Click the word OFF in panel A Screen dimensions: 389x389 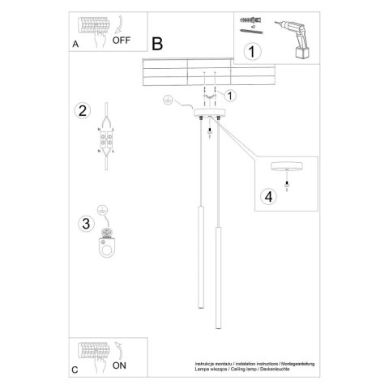pos(122,38)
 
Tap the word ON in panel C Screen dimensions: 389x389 pos(119,365)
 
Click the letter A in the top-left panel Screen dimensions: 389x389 pos(75,46)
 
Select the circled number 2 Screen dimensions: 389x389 pos(80,112)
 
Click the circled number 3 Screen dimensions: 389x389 pos(80,223)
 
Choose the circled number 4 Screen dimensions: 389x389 pos(268,195)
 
